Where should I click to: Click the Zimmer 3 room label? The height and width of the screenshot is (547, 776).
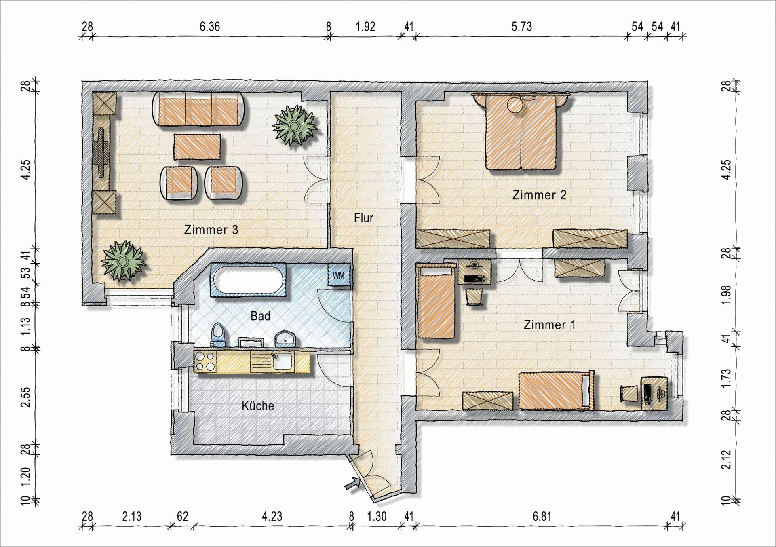(211, 230)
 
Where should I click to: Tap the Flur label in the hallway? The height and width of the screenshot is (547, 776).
(363, 218)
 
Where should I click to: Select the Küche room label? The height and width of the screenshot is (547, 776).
(258, 405)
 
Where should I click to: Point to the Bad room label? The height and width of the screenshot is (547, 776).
(260, 316)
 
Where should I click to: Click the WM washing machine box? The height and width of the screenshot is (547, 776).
(339, 275)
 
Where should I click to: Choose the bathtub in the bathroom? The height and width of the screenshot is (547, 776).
(248, 280)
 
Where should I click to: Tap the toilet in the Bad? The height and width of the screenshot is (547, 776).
(218, 334)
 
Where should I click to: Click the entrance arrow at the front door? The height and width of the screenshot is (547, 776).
(353, 483)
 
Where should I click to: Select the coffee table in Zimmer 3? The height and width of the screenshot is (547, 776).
(197, 147)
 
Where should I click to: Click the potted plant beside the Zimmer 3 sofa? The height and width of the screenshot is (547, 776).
(295, 125)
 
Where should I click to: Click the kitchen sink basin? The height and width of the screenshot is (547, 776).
(282, 361)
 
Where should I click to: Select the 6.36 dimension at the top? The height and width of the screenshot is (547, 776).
(210, 27)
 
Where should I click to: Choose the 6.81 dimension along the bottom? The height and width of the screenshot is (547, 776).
(542, 516)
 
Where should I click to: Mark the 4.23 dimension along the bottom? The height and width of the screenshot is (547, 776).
(272, 516)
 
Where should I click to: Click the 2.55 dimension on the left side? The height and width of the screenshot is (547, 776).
(25, 397)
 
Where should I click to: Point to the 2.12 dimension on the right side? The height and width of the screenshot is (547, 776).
(726, 459)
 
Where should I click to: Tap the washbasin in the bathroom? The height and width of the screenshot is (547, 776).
(286, 339)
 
